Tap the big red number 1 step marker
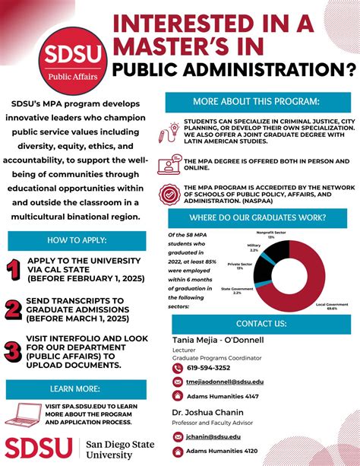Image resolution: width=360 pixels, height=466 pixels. point(13,270)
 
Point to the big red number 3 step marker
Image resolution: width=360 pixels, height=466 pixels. point(13,351)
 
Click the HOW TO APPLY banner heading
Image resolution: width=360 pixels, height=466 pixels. point(76,240)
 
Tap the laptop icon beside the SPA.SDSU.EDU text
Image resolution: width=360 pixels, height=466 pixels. point(24,415)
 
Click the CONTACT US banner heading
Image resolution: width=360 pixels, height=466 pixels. point(261,324)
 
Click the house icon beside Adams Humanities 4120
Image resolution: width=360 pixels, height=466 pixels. point(178,451)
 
